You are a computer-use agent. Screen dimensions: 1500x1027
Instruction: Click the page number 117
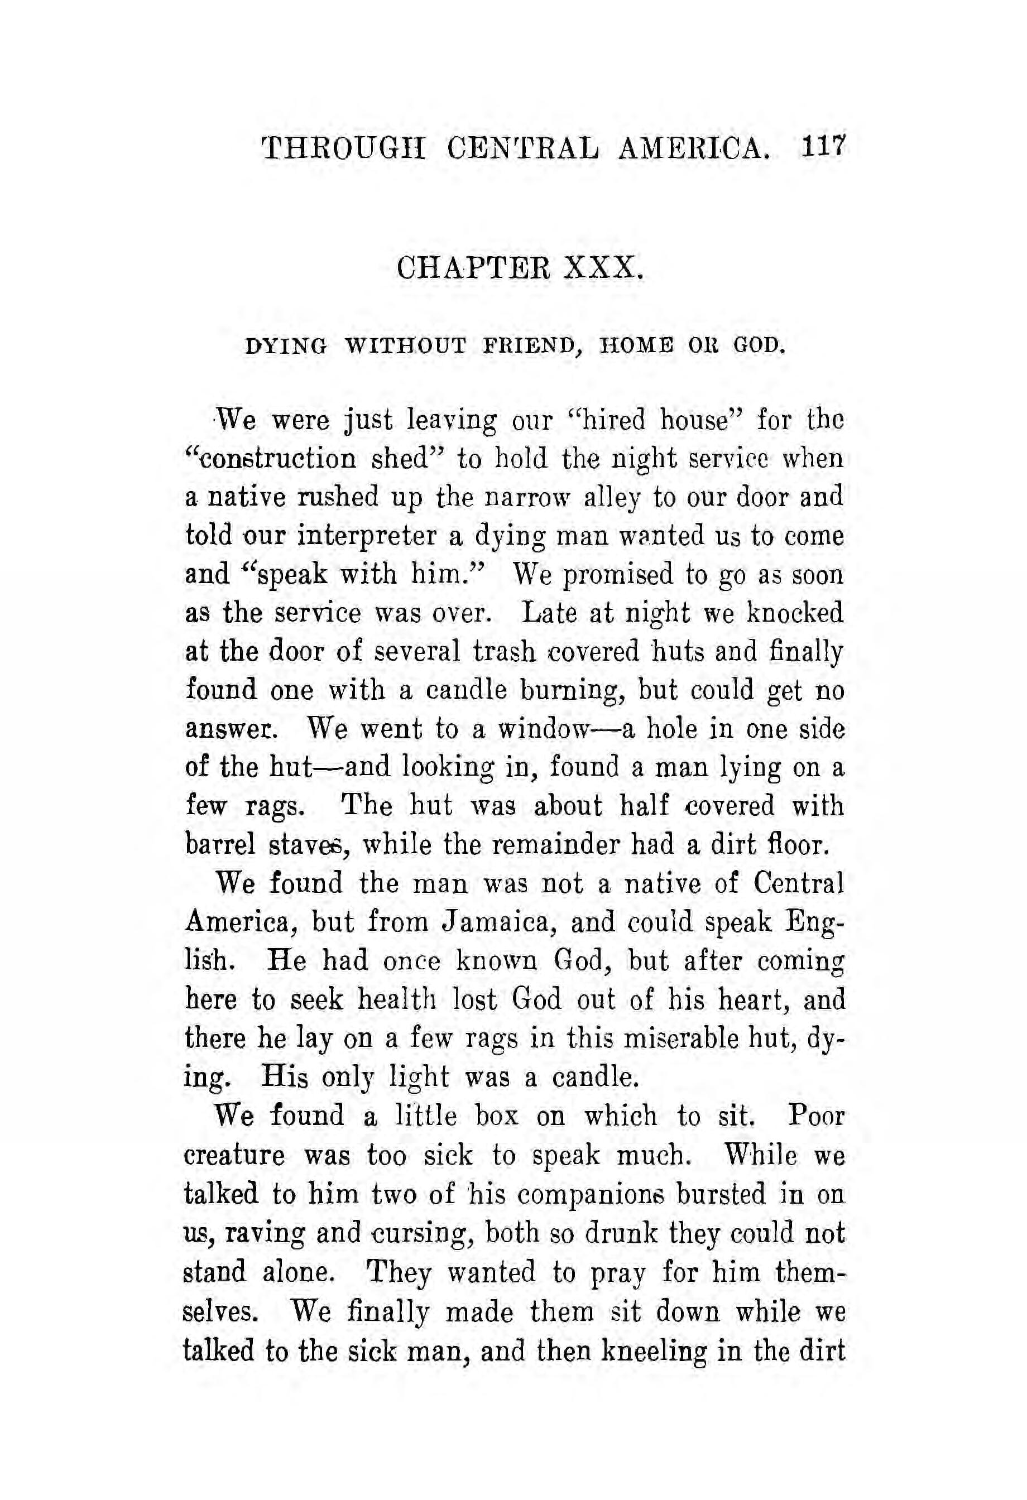click(x=822, y=155)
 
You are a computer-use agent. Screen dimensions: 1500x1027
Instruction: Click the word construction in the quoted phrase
click(x=275, y=460)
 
